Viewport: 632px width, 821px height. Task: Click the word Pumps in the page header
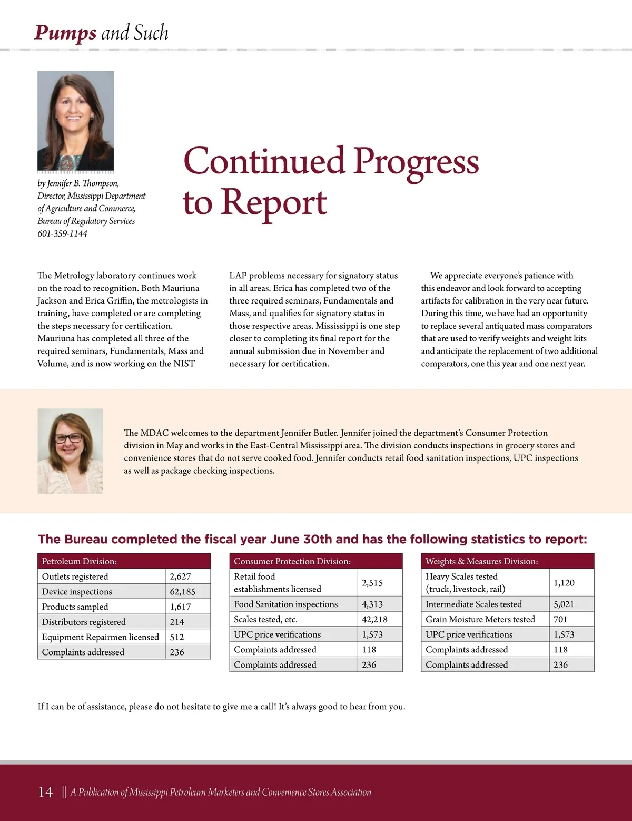pos(65,33)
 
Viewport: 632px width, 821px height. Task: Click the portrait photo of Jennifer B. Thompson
pos(75,120)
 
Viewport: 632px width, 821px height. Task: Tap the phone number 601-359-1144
pos(62,233)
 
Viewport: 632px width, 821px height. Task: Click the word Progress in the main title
pos(416,162)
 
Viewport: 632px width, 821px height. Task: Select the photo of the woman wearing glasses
pos(70,451)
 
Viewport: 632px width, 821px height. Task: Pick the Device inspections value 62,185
pos(182,592)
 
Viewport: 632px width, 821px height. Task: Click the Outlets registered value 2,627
pos(180,576)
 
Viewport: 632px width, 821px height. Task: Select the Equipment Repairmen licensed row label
pos(100,637)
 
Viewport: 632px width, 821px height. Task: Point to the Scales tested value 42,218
pos(374,620)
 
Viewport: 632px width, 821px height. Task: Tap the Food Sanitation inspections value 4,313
pos(372,604)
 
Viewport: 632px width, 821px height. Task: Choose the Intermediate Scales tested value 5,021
pos(564,604)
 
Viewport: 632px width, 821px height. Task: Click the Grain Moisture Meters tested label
pos(480,620)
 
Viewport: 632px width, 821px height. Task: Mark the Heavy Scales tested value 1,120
pos(564,583)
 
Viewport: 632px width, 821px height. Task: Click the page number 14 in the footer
pos(46,792)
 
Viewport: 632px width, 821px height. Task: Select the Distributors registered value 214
pos(177,622)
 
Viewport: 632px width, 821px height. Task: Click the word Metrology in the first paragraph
pos(74,276)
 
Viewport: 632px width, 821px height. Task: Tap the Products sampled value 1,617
pos(180,607)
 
